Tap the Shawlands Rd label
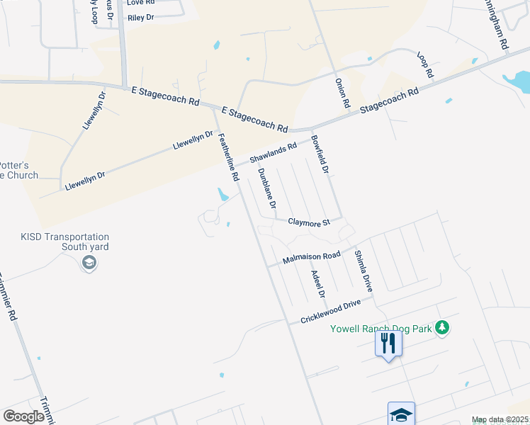coord(273,154)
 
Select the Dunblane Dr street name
coord(266,188)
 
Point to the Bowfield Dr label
coord(321,155)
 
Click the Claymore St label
coord(309,222)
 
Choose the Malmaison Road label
coord(311,257)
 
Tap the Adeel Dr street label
coord(316,283)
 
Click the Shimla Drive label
coord(363,271)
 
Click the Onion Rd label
coord(342,93)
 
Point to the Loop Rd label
coord(425,65)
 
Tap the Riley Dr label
coord(140,17)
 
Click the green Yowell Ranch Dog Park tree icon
coord(443,327)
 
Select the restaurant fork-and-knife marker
coord(388,344)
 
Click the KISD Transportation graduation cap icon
coord(89,263)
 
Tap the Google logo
coord(24,416)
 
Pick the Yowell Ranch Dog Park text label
coord(380,329)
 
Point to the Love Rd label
coord(140,2)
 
